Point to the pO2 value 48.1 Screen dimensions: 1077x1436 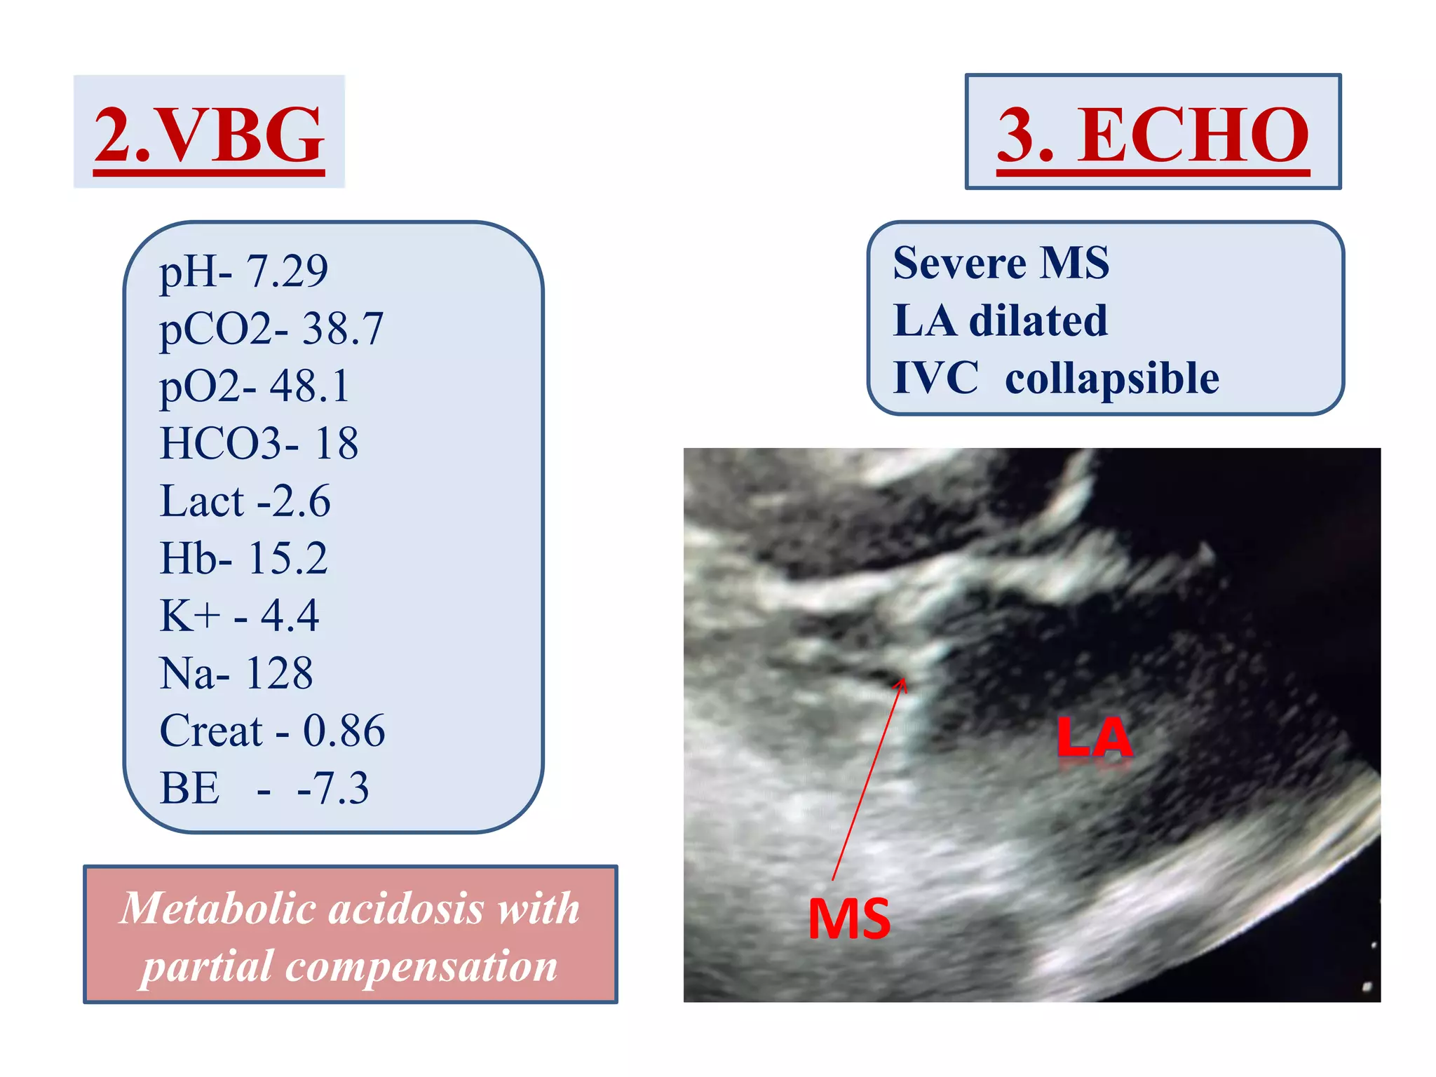pos(310,386)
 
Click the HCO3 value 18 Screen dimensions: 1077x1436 pos(337,444)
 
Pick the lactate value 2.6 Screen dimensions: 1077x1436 pos(302,501)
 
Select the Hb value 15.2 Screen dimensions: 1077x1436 pos(287,559)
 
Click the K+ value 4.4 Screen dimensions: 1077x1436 pos(290,616)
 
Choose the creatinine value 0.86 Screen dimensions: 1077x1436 pos(344,731)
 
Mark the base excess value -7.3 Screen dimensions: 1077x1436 pos(333,789)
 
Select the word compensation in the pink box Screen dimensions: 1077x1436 pos(421,966)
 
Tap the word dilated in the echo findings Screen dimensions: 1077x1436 pos(1038,321)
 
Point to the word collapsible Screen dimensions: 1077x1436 pos(1112,379)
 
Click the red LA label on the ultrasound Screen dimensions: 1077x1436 pos(1094,738)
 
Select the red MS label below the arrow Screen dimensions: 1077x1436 pos(849,919)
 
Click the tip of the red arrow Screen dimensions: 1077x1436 pos(904,679)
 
